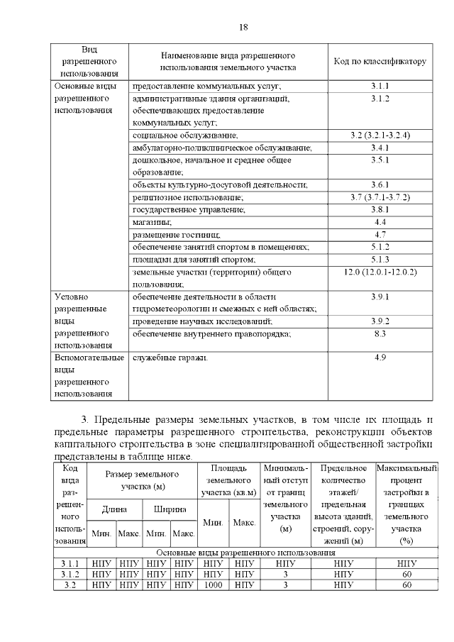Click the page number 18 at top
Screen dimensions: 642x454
[243, 27]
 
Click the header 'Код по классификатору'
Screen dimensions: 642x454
[380, 62]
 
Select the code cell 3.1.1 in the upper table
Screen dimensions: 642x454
[380, 87]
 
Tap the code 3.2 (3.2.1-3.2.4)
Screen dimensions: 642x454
[380, 135]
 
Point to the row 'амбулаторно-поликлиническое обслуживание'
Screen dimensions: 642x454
[221, 148]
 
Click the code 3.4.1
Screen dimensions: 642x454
[380, 148]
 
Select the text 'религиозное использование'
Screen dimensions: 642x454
[188, 197]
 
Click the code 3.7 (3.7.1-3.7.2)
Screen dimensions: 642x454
[380, 197]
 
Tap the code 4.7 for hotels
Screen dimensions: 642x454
[380, 235]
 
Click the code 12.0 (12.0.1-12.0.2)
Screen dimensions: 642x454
[380, 272]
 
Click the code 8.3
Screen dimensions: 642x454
[380, 333]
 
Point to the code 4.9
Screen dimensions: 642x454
[380, 358]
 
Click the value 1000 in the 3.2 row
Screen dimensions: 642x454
[214, 585]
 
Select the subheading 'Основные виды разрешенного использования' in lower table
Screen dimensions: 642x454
[245, 552]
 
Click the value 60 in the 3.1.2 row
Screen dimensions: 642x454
[406, 574]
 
